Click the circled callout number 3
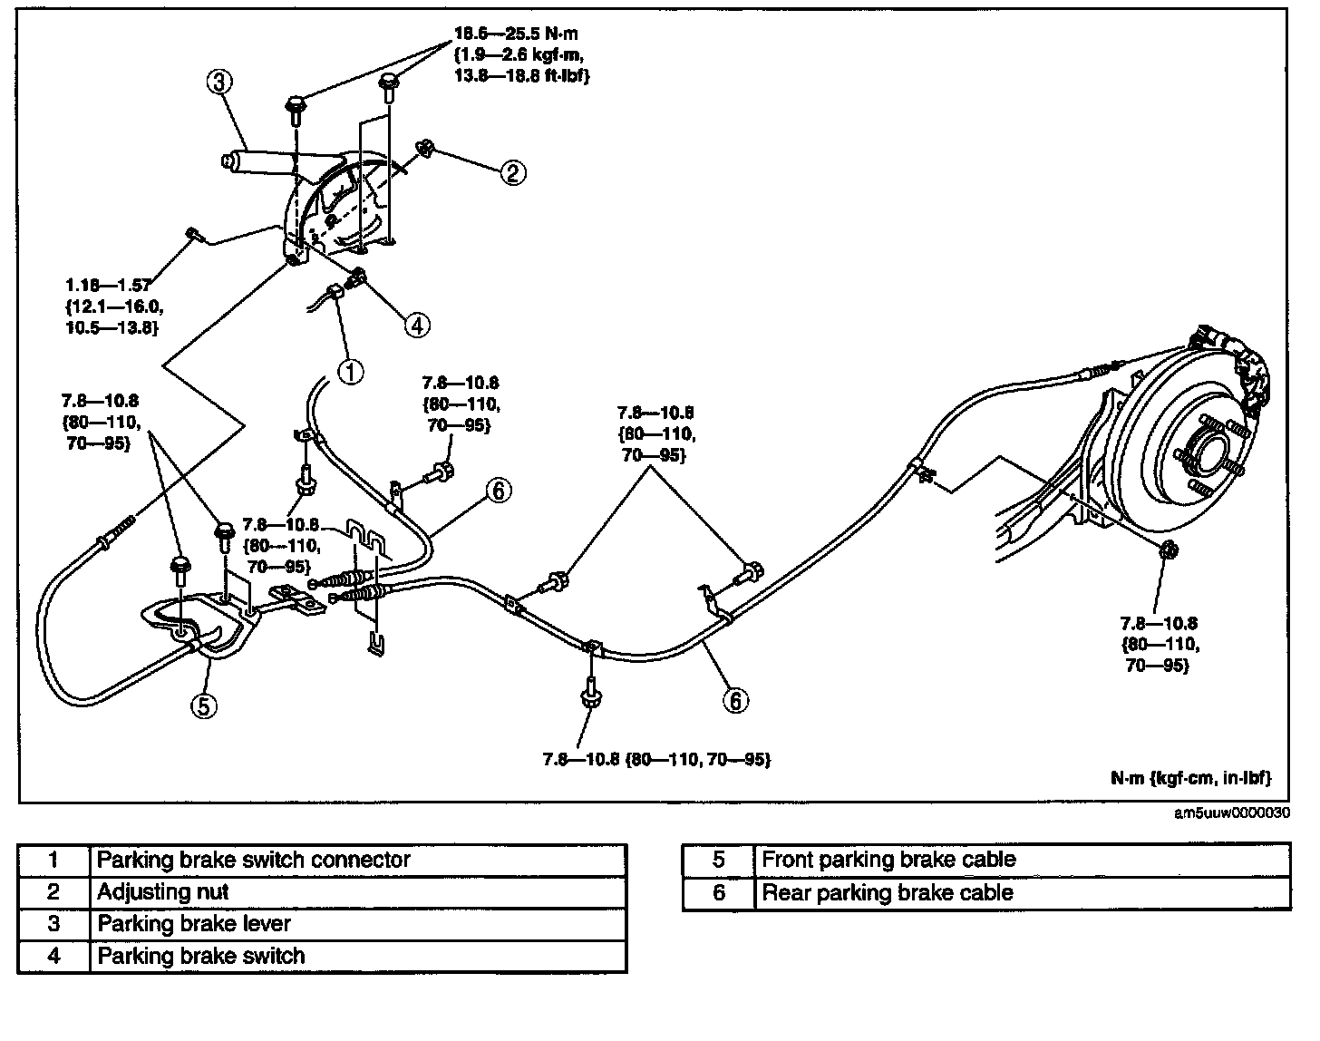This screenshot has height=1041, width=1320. (x=219, y=81)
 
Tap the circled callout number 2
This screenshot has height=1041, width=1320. (x=513, y=173)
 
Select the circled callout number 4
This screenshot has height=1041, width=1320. (x=417, y=326)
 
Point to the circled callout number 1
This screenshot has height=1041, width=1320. (x=351, y=372)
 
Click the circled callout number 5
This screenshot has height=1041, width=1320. (x=204, y=706)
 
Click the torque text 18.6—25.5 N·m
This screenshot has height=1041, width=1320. (x=516, y=34)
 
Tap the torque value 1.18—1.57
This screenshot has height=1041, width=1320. (x=109, y=286)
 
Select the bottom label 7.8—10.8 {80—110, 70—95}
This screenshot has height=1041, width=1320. (x=656, y=759)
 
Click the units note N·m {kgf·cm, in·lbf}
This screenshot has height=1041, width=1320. (x=1191, y=778)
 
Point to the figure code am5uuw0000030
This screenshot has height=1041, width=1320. (x=1232, y=812)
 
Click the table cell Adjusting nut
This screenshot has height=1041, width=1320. (x=162, y=891)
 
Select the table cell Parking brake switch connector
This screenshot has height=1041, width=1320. (x=253, y=860)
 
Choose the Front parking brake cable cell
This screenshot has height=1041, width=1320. (x=888, y=860)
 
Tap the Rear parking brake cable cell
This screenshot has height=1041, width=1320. (x=888, y=892)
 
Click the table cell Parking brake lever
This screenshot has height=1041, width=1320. (x=194, y=923)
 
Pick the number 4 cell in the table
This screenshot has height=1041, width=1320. (x=54, y=956)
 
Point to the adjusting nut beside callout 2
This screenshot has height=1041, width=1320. (x=424, y=149)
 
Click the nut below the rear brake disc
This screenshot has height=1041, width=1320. (x=1170, y=550)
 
